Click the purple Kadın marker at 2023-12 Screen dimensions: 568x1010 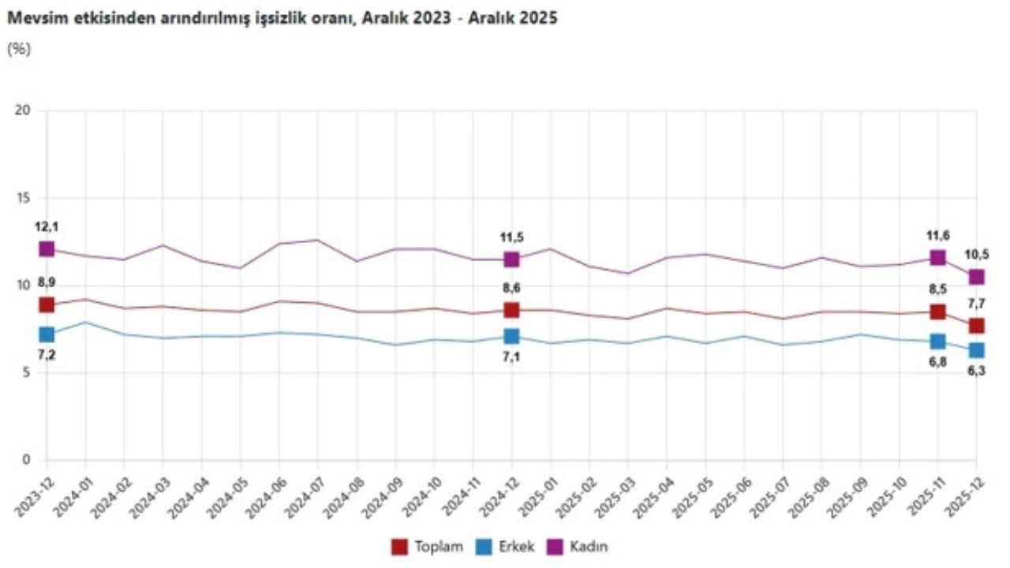[x=47, y=248]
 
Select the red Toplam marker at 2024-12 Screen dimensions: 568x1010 [x=511, y=310]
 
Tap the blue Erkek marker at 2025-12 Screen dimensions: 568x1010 [x=976, y=349]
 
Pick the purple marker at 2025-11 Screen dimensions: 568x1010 [x=937, y=257]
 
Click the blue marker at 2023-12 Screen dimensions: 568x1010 [x=47, y=334]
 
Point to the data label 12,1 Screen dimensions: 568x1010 [x=47, y=227]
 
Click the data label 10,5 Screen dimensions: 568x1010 [x=976, y=255]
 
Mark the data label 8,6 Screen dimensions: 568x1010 [x=511, y=289]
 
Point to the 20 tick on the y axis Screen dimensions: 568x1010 [x=23, y=110]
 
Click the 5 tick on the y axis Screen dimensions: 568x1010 [x=26, y=373]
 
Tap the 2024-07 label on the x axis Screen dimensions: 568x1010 [x=303, y=494]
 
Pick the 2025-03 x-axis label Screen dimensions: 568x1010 [x=613, y=494]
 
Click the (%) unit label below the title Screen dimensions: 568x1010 [x=18, y=49]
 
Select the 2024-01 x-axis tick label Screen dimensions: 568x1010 [x=71, y=494]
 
